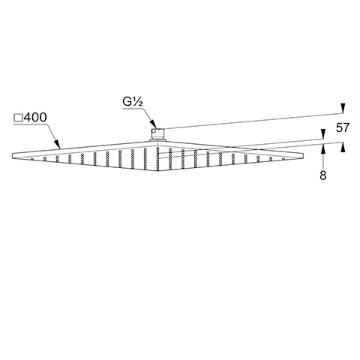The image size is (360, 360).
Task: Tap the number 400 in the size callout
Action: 34,118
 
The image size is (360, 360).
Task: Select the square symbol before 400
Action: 18,118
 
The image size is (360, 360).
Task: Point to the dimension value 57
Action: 343,128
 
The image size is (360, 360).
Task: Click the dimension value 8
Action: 322,175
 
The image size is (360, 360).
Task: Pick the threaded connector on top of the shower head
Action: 157,135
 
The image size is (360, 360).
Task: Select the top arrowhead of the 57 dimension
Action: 343,107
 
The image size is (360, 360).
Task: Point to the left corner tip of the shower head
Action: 14,155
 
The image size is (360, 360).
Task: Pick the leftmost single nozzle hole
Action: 34,158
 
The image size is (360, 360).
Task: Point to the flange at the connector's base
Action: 157,141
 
